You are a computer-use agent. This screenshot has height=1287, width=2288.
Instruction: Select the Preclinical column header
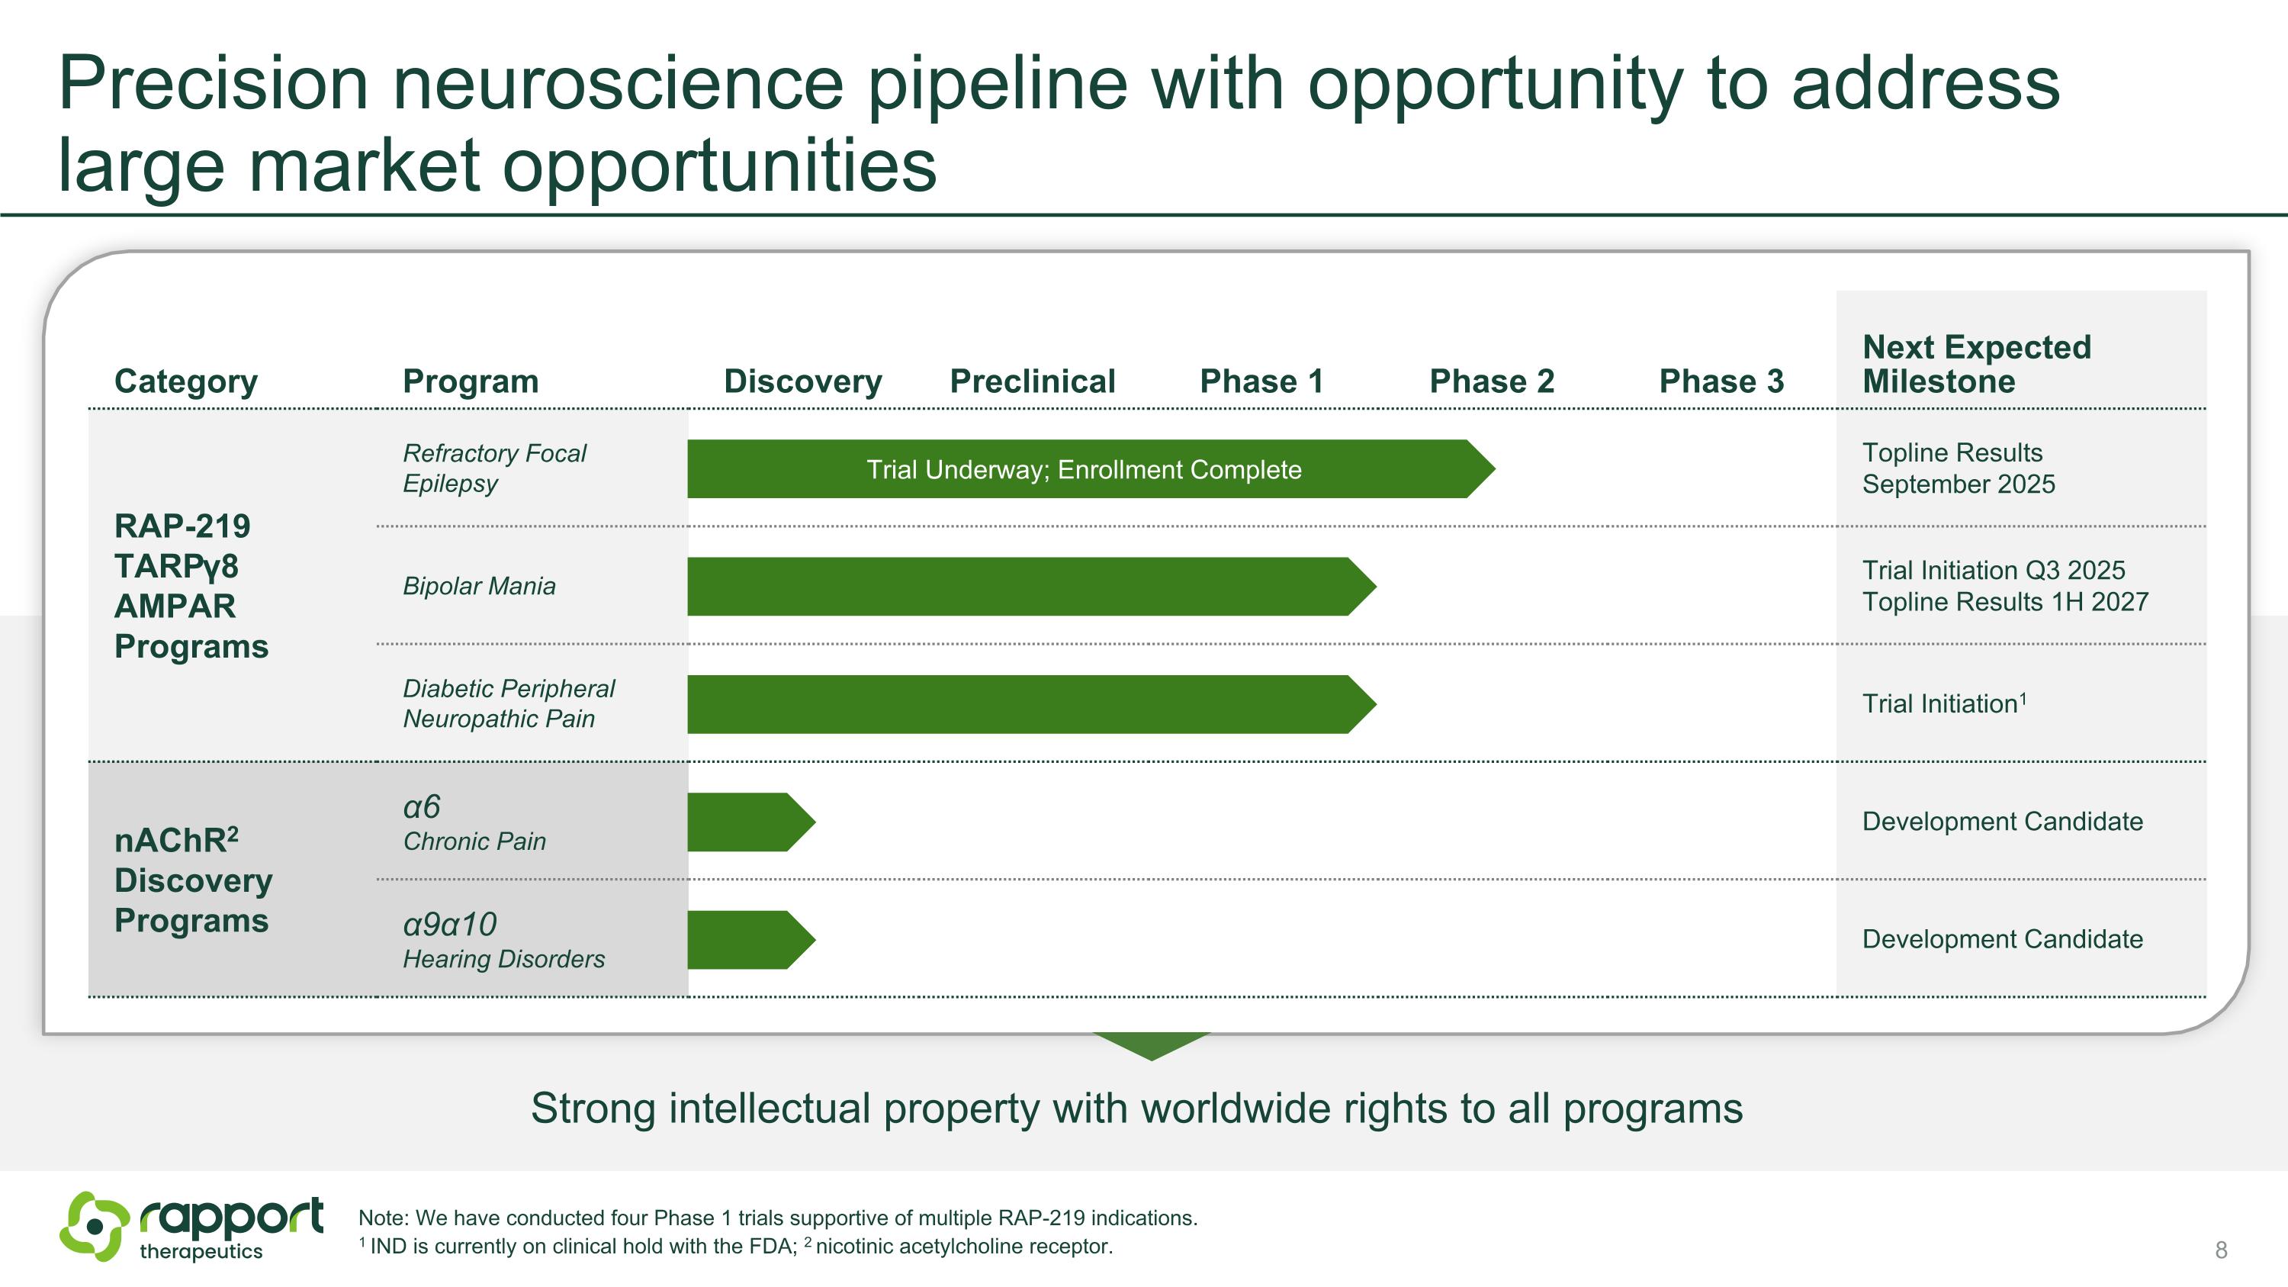(x=1032, y=381)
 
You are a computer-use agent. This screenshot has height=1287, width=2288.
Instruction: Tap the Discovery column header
(x=802, y=381)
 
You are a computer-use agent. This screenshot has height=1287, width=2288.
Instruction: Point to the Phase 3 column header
(x=1721, y=381)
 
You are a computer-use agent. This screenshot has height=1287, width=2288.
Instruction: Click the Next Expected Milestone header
(x=1976, y=363)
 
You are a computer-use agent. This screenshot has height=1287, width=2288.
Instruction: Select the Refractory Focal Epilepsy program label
(x=494, y=468)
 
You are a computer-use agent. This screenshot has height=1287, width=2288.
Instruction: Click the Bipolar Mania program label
(x=479, y=586)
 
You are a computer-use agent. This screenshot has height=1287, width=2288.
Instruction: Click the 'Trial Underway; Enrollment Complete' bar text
(x=1084, y=469)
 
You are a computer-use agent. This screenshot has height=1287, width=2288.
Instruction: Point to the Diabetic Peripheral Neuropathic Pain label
(x=508, y=703)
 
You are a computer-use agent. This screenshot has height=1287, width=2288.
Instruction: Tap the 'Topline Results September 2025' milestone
(x=1959, y=468)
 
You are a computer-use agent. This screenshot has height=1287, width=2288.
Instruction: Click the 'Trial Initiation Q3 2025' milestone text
(x=1993, y=570)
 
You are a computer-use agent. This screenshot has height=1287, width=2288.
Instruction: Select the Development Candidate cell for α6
(x=2002, y=822)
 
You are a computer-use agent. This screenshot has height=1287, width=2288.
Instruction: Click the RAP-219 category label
(x=191, y=586)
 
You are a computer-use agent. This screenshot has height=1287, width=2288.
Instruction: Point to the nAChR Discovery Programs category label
(x=193, y=880)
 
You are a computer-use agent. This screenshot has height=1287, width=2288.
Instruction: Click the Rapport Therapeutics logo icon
(x=94, y=1226)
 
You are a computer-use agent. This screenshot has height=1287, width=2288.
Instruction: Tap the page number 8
(x=2220, y=1250)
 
